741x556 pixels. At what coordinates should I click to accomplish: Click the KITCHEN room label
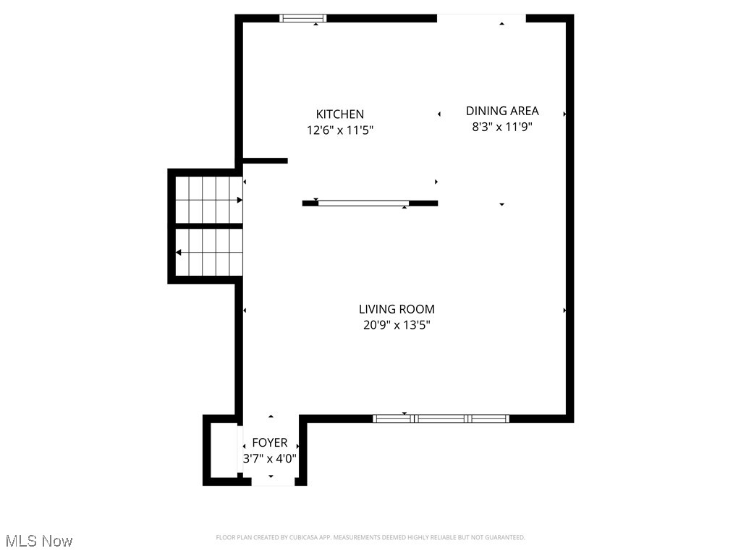[x=339, y=114]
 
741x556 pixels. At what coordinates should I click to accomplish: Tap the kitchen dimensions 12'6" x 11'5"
[x=339, y=130]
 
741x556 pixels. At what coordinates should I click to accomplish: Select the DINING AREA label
[x=502, y=111]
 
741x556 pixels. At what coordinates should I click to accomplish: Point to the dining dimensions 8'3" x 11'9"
[x=502, y=126]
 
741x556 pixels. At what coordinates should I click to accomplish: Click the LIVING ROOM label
[x=397, y=309]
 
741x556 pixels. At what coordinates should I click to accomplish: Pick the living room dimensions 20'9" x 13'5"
[x=397, y=325]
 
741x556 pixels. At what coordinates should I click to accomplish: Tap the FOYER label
[x=269, y=442]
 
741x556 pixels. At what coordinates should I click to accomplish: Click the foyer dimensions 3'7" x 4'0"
[x=269, y=458]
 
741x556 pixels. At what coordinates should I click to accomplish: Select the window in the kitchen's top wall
[x=303, y=18]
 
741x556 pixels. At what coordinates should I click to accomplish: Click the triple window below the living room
[x=441, y=418]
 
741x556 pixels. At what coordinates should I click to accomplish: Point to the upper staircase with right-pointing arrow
[x=208, y=200]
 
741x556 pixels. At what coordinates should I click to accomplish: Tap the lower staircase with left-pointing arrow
[x=208, y=252]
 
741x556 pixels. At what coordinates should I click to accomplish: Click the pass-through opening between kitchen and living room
[x=363, y=203]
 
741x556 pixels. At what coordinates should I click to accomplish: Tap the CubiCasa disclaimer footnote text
[x=370, y=537]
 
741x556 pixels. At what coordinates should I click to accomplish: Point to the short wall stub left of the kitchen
[x=265, y=160]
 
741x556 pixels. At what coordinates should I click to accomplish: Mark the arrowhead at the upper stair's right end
[x=239, y=200]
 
